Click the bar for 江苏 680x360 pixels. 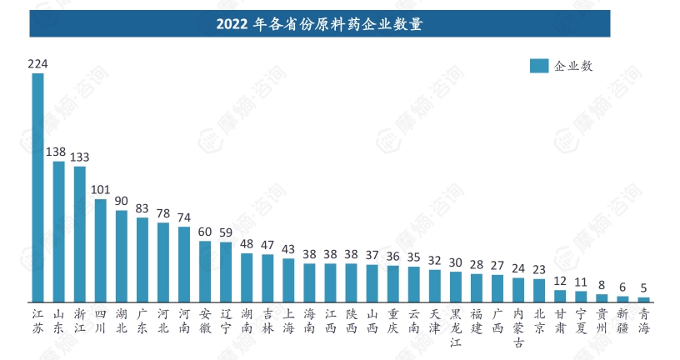tap(37, 187)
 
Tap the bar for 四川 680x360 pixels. tap(100, 250)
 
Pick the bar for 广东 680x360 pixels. tap(142, 259)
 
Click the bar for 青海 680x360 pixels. tap(643, 299)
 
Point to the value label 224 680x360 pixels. tap(37, 63)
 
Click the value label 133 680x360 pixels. tap(80, 157)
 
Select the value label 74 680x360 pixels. tap(184, 217)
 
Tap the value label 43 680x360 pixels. tap(288, 248)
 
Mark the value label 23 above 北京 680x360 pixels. tap(539, 268)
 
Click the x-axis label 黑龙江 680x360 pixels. tap(456, 327)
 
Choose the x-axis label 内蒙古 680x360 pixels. tap(518, 327)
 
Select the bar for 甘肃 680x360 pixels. tap(560, 295)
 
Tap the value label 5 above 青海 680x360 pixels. tap(643, 287)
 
